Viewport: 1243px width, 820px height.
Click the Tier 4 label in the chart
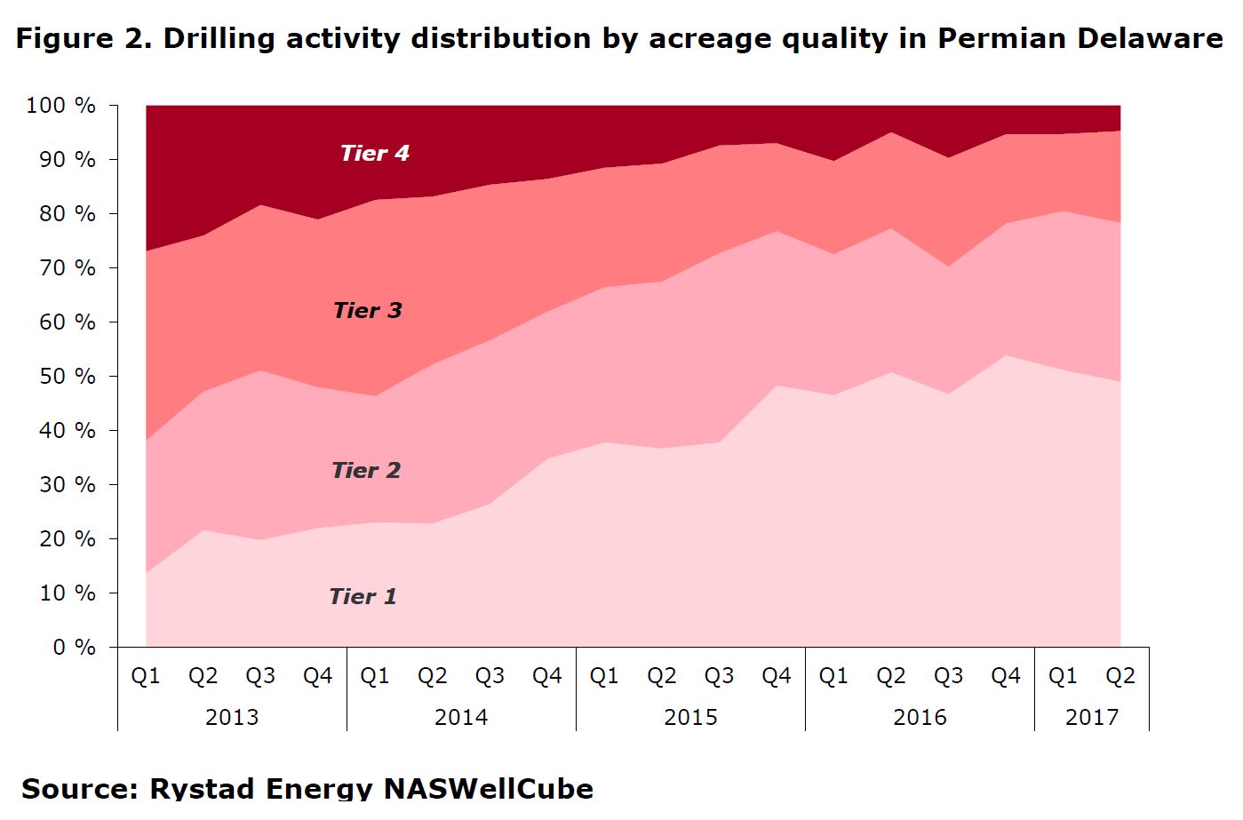click(x=375, y=154)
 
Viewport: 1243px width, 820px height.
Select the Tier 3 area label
click(x=367, y=311)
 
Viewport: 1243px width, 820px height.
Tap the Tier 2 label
click(x=366, y=471)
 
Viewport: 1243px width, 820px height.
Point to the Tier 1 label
click(x=363, y=597)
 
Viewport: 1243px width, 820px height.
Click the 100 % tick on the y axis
click(x=60, y=106)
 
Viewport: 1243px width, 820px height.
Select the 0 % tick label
click(x=74, y=648)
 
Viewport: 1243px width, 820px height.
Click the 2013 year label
click(x=232, y=717)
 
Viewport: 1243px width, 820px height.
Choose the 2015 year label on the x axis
click(x=690, y=717)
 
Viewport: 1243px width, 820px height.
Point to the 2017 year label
click(x=1092, y=717)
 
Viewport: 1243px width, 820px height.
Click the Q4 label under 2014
click(x=547, y=677)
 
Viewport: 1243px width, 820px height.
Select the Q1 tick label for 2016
click(x=833, y=677)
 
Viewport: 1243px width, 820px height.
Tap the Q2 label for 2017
click(x=1120, y=677)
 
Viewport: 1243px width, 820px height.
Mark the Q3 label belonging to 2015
click(x=719, y=677)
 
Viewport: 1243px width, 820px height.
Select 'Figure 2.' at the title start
click(x=84, y=39)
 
